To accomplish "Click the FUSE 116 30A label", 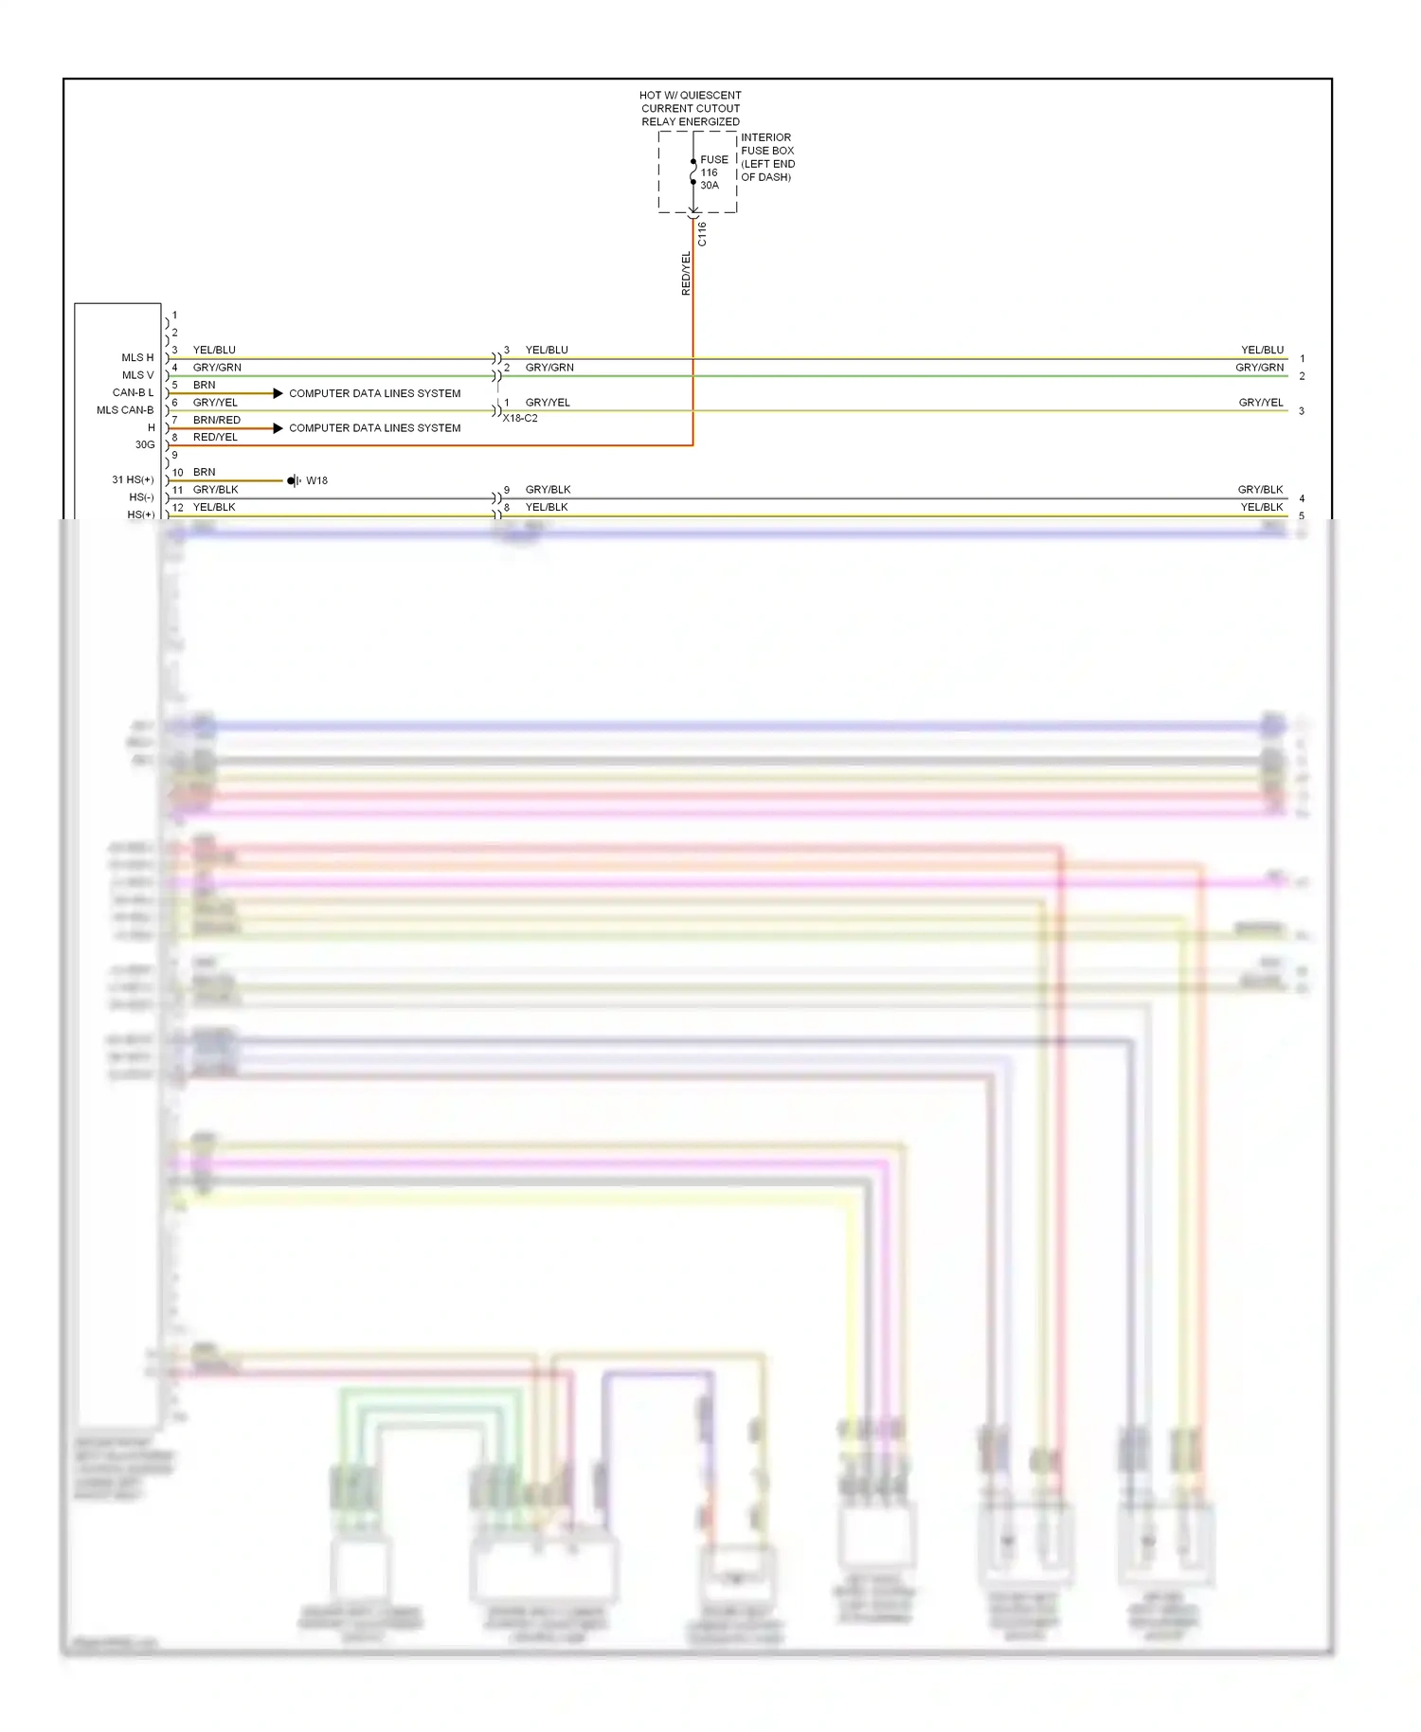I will tap(712, 172).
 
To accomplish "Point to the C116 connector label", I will tap(702, 234).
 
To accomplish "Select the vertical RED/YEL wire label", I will tap(686, 273).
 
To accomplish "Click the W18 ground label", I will tap(316, 480).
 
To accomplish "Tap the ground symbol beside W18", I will tap(294, 480).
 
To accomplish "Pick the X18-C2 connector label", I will tap(520, 418).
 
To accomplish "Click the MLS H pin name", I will tap(137, 357).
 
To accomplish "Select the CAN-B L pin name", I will tap(133, 392).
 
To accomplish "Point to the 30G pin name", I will tap(144, 444).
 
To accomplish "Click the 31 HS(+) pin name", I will tap(133, 479).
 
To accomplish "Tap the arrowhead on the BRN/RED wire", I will tap(278, 428).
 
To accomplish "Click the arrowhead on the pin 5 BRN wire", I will tap(278, 393).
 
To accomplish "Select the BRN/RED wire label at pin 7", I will tap(217, 420).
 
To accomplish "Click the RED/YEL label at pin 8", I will tap(215, 437).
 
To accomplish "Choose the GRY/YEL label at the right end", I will tap(1261, 403).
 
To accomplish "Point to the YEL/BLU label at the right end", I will tap(1262, 350).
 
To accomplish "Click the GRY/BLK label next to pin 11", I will tap(215, 490).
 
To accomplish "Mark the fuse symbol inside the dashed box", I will tap(693, 171).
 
